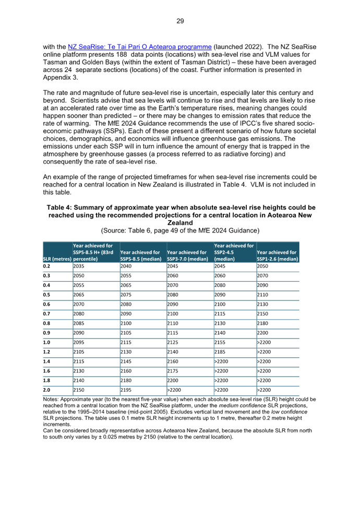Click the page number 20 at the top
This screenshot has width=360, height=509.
(180, 21)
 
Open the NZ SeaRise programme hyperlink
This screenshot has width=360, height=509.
(139, 47)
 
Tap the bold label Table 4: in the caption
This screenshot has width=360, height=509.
(62, 208)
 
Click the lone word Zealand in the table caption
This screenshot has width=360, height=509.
(180, 223)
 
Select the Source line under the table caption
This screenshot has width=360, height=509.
(180, 230)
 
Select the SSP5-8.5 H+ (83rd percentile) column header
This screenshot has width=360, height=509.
(95, 252)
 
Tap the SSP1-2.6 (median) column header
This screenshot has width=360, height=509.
(278, 256)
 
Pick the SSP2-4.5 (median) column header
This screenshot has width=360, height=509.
(234, 252)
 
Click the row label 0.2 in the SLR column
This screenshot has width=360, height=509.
(46, 266)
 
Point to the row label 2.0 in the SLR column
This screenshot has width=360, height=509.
(46, 390)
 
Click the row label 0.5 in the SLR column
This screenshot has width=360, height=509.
(46, 295)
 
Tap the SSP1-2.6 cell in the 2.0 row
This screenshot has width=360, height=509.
(265, 390)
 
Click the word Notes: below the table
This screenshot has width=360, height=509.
(51, 399)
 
